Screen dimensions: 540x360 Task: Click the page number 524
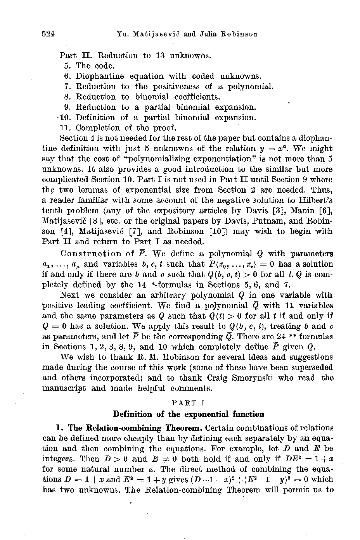[48, 34]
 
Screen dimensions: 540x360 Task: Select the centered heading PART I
[188, 404]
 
